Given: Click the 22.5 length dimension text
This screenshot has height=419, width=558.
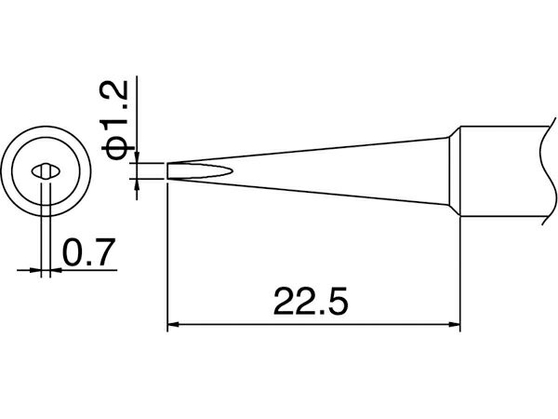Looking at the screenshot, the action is tap(311, 302).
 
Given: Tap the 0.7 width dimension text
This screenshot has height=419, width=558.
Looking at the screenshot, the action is tap(89, 252).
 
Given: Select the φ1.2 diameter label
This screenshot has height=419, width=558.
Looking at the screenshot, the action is tap(114, 120).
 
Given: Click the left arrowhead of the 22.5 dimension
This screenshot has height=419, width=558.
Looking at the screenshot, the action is tap(173, 325).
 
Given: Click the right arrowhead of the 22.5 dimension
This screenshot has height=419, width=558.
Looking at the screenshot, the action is tap(455, 325).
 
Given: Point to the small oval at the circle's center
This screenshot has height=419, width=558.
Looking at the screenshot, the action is tap(46, 172).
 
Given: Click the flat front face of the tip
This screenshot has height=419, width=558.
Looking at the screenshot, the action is tap(167, 171).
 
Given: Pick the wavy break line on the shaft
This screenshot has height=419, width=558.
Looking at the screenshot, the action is tap(548, 171).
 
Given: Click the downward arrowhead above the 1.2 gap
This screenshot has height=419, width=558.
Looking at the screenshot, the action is tap(137, 157).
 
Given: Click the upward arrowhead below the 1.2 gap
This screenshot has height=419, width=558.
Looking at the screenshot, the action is tap(137, 183).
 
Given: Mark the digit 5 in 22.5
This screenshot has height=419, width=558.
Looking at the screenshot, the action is tap(336, 302).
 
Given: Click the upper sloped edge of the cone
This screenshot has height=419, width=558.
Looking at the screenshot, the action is tap(308, 150).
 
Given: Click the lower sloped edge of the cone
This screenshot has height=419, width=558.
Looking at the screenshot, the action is tap(308, 192).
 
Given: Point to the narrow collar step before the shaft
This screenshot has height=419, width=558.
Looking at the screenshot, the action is tap(455, 171).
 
